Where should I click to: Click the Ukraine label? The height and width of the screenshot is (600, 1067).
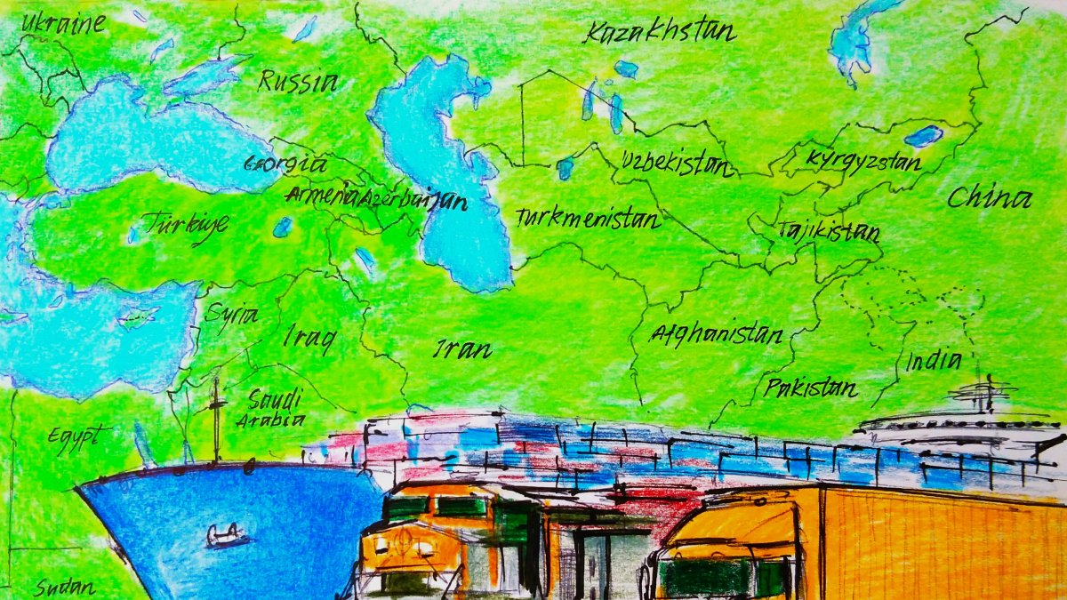click(62, 22)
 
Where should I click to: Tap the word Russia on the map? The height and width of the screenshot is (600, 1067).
click(298, 83)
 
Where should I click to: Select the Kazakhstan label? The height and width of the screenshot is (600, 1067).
click(660, 33)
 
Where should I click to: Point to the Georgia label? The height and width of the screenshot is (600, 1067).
click(285, 164)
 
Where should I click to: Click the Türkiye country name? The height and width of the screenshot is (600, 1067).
click(186, 223)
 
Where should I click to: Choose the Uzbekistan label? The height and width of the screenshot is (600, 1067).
click(677, 164)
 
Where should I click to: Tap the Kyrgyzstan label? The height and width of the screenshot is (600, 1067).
click(863, 161)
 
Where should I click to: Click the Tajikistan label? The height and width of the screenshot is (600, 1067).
click(829, 231)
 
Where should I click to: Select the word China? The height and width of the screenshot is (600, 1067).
click(989, 197)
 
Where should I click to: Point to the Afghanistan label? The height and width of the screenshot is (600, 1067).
click(717, 334)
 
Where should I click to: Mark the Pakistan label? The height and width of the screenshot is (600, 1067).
click(810, 388)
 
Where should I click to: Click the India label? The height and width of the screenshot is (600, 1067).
click(933, 361)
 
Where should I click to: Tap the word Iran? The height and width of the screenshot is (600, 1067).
click(462, 349)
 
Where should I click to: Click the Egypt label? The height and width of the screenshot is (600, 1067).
click(79, 438)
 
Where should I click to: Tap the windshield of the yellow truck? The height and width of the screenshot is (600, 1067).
click(707, 579)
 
